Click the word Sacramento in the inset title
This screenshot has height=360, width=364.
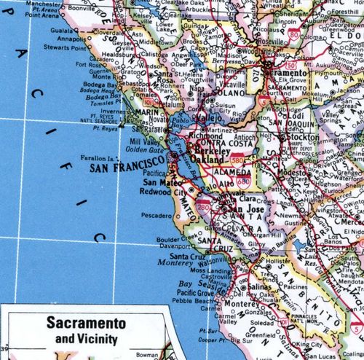(x=86, y=322)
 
